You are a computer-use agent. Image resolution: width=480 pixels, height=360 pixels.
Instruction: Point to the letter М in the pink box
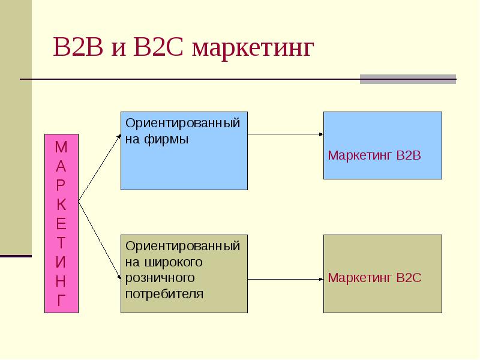(x=61, y=146)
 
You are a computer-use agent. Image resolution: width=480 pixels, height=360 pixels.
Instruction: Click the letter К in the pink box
(x=61, y=204)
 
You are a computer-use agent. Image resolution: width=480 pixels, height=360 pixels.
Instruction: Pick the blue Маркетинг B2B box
(x=382, y=145)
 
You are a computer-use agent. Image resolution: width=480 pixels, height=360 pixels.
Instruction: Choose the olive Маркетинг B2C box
(x=382, y=274)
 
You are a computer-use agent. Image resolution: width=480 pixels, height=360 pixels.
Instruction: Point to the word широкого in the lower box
(x=172, y=262)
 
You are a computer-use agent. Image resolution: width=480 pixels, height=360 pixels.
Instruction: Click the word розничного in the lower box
(x=161, y=278)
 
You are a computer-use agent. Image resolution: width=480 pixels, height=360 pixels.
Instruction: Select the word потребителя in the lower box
(x=164, y=294)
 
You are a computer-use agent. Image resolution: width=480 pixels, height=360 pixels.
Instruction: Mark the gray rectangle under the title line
(x=407, y=79)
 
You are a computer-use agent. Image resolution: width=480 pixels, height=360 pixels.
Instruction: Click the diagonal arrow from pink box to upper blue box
(x=99, y=168)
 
